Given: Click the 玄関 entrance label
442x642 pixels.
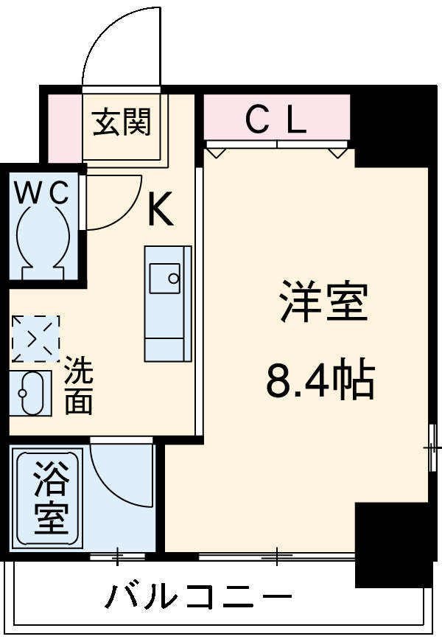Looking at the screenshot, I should point(122,122).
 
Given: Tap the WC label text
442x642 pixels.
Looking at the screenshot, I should point(43,194).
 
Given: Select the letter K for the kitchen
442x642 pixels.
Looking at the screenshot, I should point(161,210).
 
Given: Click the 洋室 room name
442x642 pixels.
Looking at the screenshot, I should point(323,303).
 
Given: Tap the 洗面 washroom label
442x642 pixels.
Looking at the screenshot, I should point(77,385).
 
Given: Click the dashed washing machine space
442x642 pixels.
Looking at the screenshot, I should point(35,338).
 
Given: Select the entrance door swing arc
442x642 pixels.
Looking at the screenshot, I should point(118,44).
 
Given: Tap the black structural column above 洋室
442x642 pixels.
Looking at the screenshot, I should point(390,125).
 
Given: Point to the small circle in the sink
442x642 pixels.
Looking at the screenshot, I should point(174,279).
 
